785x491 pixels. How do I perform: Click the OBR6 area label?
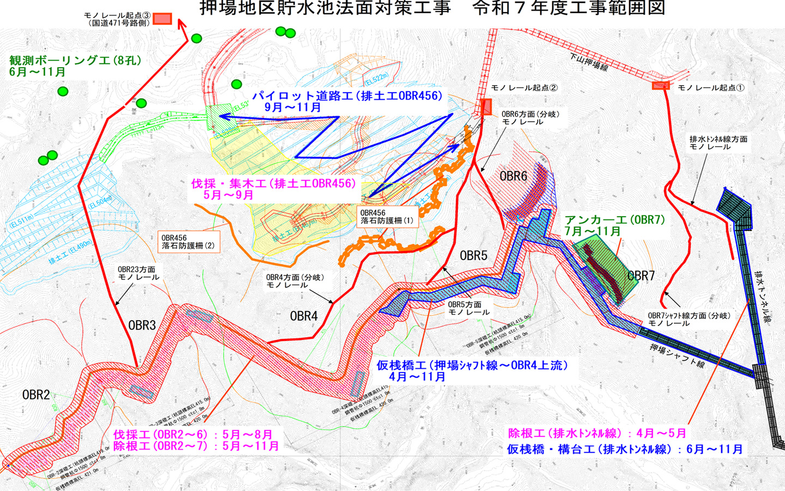click(x=514, y=176)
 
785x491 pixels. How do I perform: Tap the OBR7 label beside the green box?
click(x=641, y=276)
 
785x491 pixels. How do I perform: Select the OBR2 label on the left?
click(x=36, y=394)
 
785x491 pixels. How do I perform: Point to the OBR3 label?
click(x=142, y=326)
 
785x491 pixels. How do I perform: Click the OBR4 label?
click(x=304, y=316)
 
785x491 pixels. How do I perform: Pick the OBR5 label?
click(x=473, y=255)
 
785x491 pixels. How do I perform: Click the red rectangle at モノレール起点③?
click(x=162, y=19)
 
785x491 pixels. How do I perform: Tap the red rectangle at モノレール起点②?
click(x=486, y=106)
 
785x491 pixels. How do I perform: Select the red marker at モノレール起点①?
click(x=661, y=86)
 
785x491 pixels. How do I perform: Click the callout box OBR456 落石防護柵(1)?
click(x=387, y=217)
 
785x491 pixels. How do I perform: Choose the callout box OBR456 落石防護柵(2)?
click(x=188, y=242)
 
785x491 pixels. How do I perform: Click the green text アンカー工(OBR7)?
click(x=614, y=220)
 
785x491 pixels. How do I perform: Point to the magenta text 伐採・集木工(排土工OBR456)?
click(x=273, y=183)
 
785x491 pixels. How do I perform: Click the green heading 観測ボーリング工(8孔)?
click(x=75, y=61)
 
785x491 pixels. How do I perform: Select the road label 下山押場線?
click(x=588, y=62)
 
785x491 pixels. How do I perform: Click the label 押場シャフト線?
click(x=677, y=356)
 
